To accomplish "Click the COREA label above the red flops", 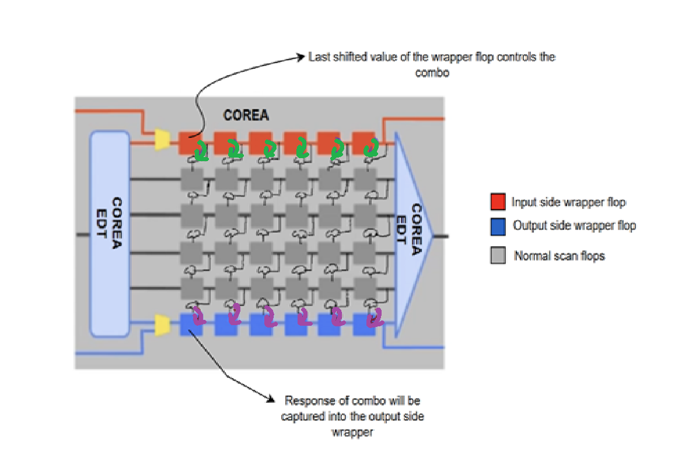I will click(x=246, y=116).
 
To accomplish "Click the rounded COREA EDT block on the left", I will click(x=110, y=234).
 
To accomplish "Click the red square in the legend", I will click(x=498, y=202).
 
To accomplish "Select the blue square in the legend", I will click(x=498, y=226).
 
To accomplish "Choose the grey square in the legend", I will click(x=498, y=256).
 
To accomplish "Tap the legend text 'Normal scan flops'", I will click(x=559, y=256).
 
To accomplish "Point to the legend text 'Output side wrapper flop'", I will click(x=574, y=226).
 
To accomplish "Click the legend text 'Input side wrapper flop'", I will click(x=568, y=202).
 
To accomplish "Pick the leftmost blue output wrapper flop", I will click(x=191, y=325).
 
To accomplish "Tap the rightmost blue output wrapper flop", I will click(x=364, y=325).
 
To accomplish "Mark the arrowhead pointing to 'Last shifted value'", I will click(x=302, y=57).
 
